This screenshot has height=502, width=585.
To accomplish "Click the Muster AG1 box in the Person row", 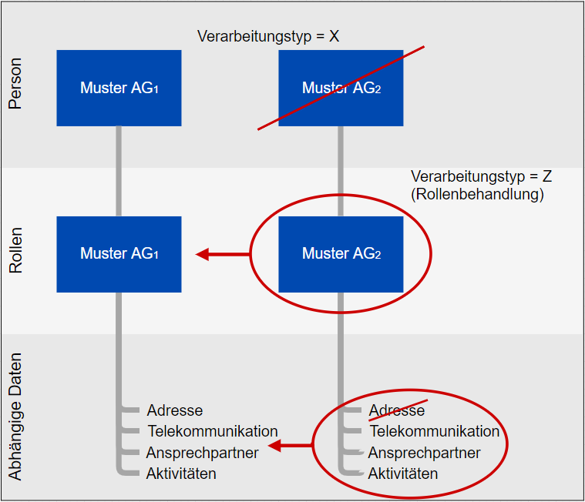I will pyautogui.click(x=119, y=88).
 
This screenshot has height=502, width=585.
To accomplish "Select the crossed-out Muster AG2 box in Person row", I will pyautogui.click(x=341, y=88).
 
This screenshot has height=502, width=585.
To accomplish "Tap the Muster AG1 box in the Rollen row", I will pyautogui.click(x=119, y=253).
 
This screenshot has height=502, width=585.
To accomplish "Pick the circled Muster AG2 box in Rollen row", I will pyautogui.click(x=341, y=253).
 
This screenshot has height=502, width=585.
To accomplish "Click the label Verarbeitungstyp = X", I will pyautogui.click(x=268, y=36).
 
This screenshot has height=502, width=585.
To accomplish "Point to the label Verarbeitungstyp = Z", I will pyautogui.click(x=482, y=176).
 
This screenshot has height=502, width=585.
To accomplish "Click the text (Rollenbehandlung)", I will pyautogui.click(x=477, y=194).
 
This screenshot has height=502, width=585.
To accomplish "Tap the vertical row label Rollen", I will pyautogui.click(x=16, y=251).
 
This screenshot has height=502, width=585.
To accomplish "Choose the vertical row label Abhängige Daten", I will pyautogui.click(x=16, y=417).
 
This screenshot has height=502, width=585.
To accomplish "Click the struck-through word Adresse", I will pyautogui.click(x=396, y=410).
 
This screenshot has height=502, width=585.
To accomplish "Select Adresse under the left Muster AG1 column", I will pyautogui.click(x=175, y=410).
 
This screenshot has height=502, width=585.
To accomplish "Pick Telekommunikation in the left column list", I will pyautogui.click(x=213, y=431).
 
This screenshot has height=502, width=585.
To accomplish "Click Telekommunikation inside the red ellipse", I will pyautogui.click(x=435, y=431).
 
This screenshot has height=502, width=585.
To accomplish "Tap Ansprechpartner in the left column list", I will pyautogui.click(x=202, y=452).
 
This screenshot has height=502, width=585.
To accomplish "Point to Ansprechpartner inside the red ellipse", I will pyautogui.click(x=424, y=452).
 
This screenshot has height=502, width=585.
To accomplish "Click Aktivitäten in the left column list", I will pyautogui.click(x=181, y=473).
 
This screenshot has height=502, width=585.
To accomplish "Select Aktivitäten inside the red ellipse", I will pyautogui.click(x=403, y=473).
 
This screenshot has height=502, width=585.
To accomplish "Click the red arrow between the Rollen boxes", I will pyautogui.click(x=223, y=254).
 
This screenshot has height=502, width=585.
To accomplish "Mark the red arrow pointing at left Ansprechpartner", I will pyautogui.click(x=291, y=445).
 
